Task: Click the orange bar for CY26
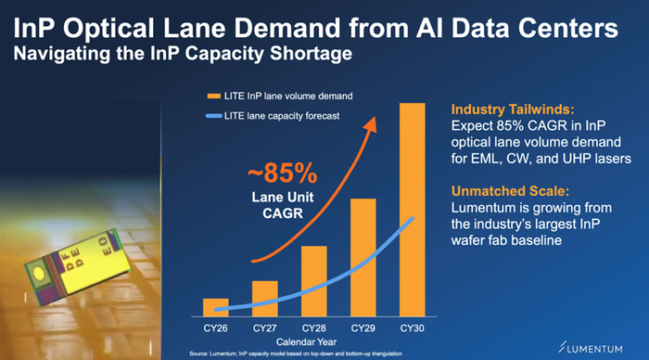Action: [x=216, y=307]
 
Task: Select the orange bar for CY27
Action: [x=265, y=299]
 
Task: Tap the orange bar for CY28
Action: [x=314, y=281]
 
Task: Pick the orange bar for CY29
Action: [x=363, y=258]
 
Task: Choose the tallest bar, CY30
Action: [x=413, y=210]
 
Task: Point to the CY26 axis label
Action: [x=216, y=328]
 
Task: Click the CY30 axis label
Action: [x=413, y=328]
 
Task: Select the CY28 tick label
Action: [x=314, y=328]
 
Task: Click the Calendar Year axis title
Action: [x=306, y=342]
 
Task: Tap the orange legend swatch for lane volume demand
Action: [x=214, y=96]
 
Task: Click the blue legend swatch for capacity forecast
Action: [x=214, y=116]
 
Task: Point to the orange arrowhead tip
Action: [x=375, y=117]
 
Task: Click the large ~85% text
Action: [x=283, y=174]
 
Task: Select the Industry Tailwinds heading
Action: [x=513, y=109]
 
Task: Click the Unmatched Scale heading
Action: [x=510, y=191]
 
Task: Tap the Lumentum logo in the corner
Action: [x=591, y=348]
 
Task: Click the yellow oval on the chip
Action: [x=39, y=273]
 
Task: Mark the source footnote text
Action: [x=296, y=354]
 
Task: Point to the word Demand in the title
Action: [x=286, y=28]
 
